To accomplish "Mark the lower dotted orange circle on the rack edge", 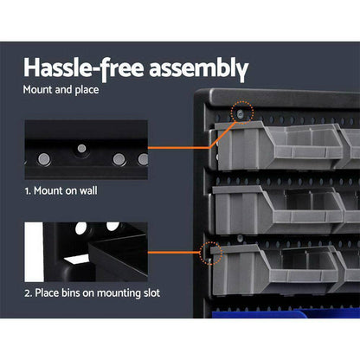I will pyautogui.click(x=210, y=252).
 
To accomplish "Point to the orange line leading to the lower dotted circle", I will pyautogui.click(x=173, y=253).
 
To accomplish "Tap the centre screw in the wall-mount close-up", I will pyautogui.click(x=81, y=149).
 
